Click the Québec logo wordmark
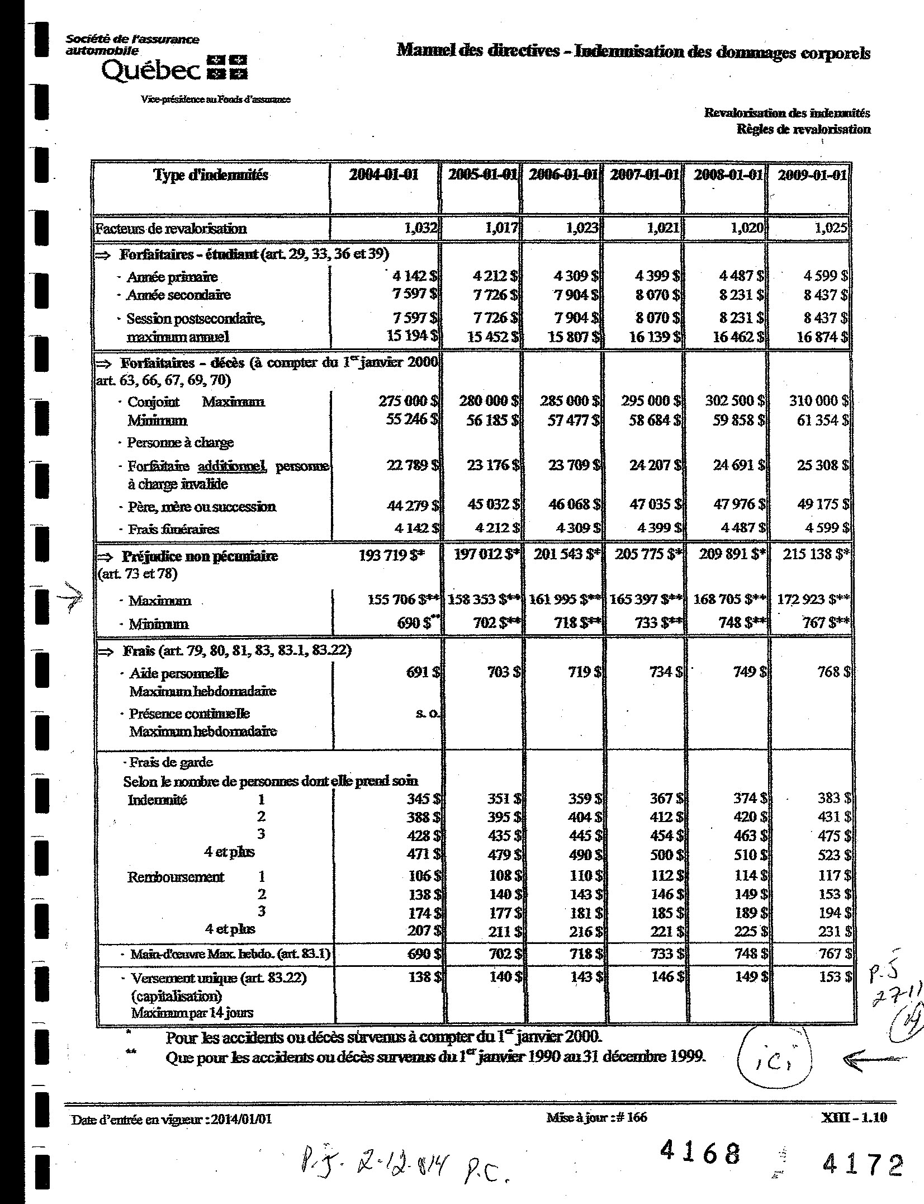pos(151,70)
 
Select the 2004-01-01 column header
pos(383,174)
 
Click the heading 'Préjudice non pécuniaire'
pos(200,556)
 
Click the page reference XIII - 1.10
pos(855,1118)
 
